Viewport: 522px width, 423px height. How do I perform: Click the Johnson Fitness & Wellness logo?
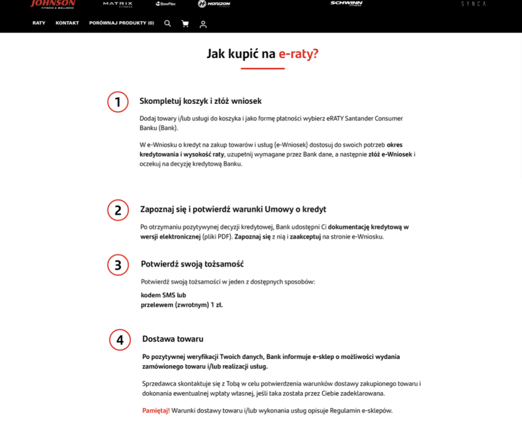click(53, 4)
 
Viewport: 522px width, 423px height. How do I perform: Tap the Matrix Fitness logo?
click(117, 4)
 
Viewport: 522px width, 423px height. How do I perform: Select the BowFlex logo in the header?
click(166, 4)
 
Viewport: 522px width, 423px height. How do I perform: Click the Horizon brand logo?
click(214, 4)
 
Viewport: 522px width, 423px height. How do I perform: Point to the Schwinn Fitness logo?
click(346, 4)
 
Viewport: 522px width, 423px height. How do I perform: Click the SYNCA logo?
click(473, 4)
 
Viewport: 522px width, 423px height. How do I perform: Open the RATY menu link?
click(39, 23)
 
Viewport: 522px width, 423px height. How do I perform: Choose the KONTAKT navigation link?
click(67, 23)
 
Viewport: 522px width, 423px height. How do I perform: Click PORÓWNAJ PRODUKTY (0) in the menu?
click(121, 23)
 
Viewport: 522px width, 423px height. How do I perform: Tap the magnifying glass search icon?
click(168, 23)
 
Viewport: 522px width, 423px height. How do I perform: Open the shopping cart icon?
click(185, 23)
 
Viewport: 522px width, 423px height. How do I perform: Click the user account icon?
click(203, 24)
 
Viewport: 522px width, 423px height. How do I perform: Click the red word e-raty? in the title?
click(298, 53)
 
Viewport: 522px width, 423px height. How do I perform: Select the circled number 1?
click(118, 102)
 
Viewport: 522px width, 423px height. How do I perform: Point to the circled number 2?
click(118, 210)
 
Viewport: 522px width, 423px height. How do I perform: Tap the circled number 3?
click(118, 265)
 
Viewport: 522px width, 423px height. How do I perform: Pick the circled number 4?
click(120, 340)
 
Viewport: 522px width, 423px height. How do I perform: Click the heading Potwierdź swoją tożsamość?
click(192, 264)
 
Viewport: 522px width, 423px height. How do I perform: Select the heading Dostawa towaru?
click(173, 339)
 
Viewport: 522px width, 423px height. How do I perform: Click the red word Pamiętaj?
click(156, 410)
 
